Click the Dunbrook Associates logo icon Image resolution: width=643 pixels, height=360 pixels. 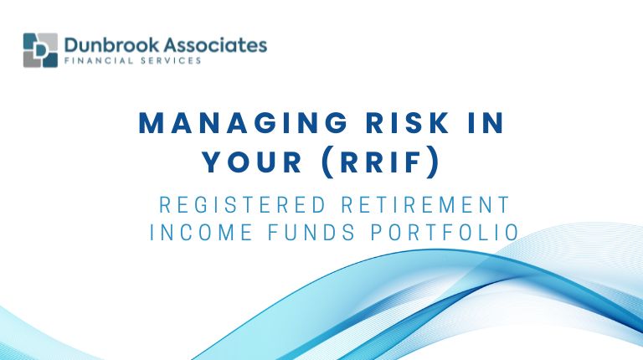point(40,50)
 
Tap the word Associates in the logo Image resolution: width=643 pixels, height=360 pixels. point(213,44)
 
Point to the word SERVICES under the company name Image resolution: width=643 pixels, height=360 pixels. point(167,61)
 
